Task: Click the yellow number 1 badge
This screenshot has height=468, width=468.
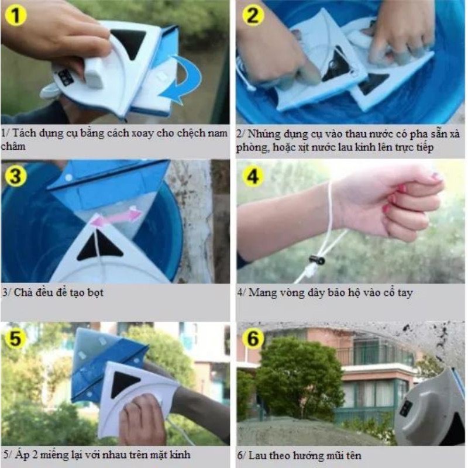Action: [16, 15]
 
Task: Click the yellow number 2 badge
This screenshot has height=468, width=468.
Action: [253, 15]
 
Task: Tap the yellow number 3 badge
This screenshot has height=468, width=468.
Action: [16, 176]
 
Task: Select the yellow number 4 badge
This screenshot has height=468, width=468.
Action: [253, 177]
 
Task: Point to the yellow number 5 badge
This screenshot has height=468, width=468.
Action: [15, 339]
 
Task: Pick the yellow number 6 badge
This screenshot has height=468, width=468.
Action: [253, 339]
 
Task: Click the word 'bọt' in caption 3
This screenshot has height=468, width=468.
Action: [95, 292]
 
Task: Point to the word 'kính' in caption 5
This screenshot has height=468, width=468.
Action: [180, 455]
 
